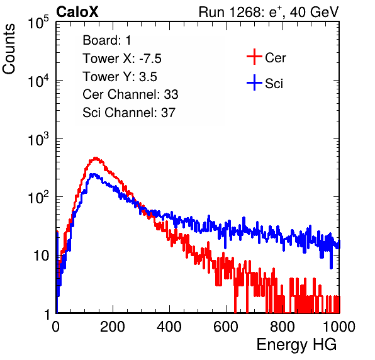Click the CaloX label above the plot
[77, 12]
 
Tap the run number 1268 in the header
[245, 12]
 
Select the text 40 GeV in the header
[315, 12]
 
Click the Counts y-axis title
[9, 49]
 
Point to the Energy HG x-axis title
[296, 345]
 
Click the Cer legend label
[275, 58]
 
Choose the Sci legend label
[274, 84]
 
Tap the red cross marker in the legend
[254, 57]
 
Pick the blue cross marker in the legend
[254, 82]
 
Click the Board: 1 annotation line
[107, 40]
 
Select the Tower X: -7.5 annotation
[122, 59]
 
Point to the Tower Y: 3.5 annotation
[120, 77]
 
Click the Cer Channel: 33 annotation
[130, 94]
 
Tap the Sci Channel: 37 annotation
[129, 113]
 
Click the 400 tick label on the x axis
[169, 327]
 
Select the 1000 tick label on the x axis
[339, 327]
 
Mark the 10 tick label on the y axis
[41, 256]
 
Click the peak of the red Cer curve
[96, 158]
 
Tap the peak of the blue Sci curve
[92, 174]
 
